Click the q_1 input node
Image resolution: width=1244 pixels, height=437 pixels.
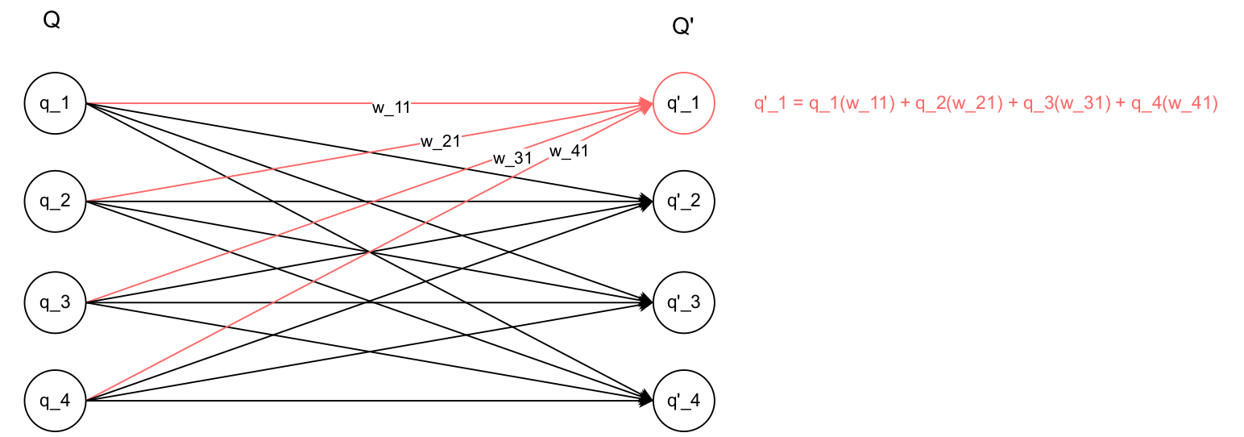55,103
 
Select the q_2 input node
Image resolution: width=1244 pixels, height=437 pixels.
55,202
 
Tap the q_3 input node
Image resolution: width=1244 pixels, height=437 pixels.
55,303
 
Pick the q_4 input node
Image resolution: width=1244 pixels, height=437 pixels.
55,400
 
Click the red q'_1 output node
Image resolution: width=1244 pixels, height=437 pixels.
683,104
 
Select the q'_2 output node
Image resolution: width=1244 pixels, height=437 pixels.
683,202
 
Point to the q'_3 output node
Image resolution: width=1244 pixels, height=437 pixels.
683,303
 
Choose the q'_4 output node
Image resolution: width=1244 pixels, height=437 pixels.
683,400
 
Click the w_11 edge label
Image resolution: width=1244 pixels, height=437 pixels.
392,108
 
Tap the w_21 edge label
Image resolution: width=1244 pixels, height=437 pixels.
440,142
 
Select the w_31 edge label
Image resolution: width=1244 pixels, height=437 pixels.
512,158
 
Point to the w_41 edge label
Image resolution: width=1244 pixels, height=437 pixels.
569,151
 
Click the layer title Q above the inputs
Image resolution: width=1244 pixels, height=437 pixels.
52,21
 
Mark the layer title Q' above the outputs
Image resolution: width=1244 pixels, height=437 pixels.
682,27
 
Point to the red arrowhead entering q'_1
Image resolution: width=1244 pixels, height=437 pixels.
647,104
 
